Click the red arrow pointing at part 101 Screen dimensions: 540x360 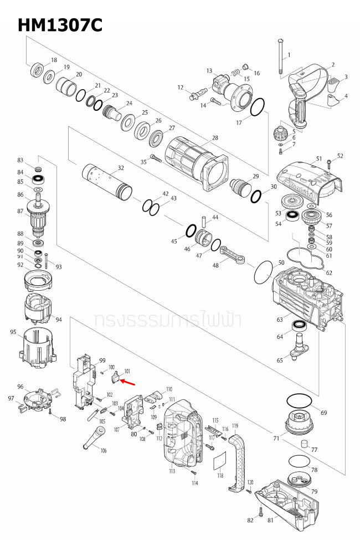coord(127,382)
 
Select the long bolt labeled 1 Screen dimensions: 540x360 coord(281,58)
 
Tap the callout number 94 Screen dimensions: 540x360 coord(59,320)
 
